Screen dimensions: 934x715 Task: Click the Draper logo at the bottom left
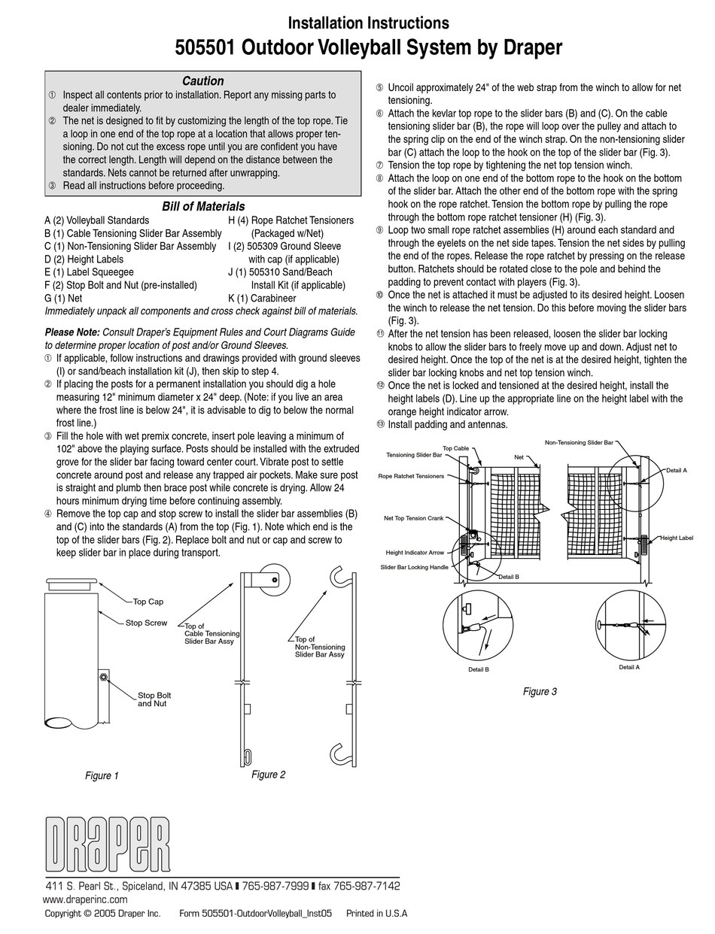pyautogui.click(x=105, y=842)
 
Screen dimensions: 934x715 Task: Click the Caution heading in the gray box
pyautogui.click(x=202, y=81)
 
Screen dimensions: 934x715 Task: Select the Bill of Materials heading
pyautogui.click(x=203, y=206)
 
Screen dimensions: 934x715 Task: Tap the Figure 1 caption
pyautogui.click(x=102, y=775)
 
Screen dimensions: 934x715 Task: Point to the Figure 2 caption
pyautogui.click(x=268, y=774)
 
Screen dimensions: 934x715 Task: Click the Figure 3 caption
pyautogui.click(x=540, y=691)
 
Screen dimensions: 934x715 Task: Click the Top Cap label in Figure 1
pyautogui.click(x=148, y=602)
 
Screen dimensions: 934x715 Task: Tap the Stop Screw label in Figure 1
pyautogui.click(x=146, y=623)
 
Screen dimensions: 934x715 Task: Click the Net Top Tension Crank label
pyautogui.click(x=413, y=518)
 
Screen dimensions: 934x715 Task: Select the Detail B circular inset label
pyautogui.click(x=478, y=669)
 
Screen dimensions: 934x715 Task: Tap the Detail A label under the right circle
pyautogui.click(x=628, y=667)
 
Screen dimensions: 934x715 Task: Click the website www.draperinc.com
pyautogui.click(x=85, y=899)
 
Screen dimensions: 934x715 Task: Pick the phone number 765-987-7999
pyautogui.click(x=275, y=886)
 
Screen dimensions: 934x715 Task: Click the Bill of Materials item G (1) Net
pyautogui.click(x=64, y=298)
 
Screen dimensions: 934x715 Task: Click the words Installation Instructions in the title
pyautogui.click(x=368, y=23)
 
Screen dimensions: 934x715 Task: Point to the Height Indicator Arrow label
pyautogui.click(x=415, y=553)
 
